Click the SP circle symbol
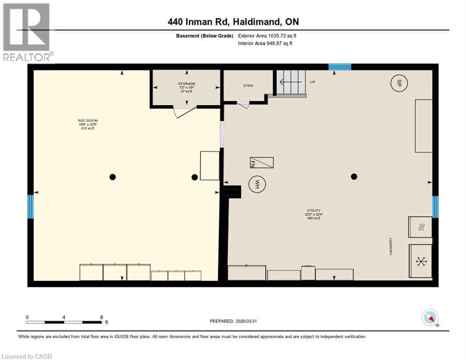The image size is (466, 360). coord(399,83)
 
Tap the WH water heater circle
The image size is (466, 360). coord(256,184)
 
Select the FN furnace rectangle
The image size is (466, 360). coord(261,163)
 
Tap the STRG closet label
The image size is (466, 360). coord(248,86)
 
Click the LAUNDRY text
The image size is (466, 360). coord(390,246)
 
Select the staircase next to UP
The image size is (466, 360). coord(290,82)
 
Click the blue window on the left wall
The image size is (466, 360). coord(31,207)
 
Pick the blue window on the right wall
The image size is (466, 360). coord(435,207)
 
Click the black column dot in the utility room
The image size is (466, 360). coord(354,176)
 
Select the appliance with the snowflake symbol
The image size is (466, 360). coord(421,261)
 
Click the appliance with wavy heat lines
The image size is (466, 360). coord(420,228)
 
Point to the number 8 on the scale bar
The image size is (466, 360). coord(101,317)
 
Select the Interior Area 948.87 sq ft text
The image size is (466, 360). coord(265,43)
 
